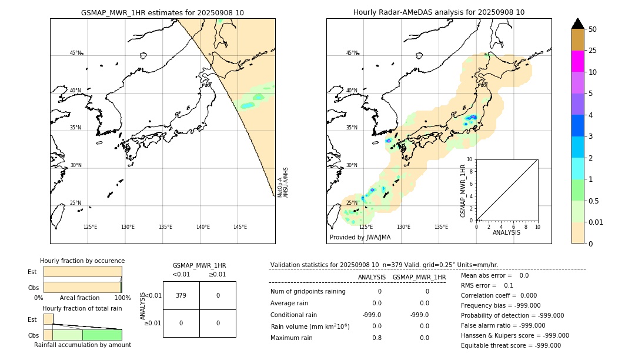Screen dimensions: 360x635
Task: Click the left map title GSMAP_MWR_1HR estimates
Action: point(162,12)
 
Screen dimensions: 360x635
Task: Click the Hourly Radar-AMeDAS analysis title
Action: point(439,12)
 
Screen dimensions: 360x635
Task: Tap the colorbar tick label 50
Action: point(593,29)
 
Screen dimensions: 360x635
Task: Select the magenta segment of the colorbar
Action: point(577,61)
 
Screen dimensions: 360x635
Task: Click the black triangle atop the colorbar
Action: point(577,24)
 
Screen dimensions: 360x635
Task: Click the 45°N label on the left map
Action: point(76,53)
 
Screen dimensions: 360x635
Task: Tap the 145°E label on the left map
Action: point(240,227)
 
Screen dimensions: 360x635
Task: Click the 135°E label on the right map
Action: point(441,227)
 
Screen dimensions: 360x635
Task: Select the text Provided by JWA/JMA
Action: point(360,238)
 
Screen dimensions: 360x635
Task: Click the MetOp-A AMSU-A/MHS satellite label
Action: point(283,182)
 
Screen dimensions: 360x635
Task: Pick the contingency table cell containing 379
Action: point(181,295)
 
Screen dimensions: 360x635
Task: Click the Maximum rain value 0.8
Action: point(376,338)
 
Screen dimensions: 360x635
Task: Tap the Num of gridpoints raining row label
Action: point(308,292)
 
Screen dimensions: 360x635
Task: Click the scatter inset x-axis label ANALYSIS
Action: point(506,232)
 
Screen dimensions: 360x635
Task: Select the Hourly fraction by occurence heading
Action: point(82,261)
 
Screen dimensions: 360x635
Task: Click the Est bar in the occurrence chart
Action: point(82,272)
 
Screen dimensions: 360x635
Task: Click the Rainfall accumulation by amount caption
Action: point(82,345)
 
